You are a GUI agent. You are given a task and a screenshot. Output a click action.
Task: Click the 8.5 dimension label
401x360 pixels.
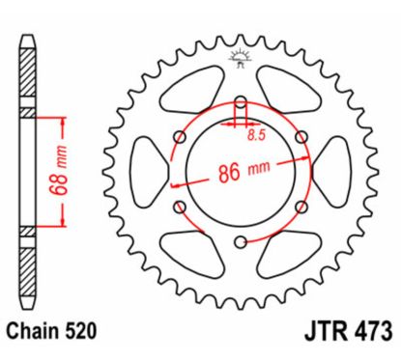[256, 135]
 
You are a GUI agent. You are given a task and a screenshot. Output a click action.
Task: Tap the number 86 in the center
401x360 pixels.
[229, 173]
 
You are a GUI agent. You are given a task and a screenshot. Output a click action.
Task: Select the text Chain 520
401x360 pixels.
[51, 331]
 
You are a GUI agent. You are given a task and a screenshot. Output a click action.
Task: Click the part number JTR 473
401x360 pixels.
[349, 331]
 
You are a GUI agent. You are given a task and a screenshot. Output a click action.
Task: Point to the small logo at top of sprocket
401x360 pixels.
[240, 59]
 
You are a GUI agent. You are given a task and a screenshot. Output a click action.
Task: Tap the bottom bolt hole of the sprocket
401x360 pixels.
[241, 242]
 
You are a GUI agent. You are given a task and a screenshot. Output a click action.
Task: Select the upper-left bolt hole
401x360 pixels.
[180, 137]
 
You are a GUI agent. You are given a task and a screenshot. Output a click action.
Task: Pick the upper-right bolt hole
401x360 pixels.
[301, 137]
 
